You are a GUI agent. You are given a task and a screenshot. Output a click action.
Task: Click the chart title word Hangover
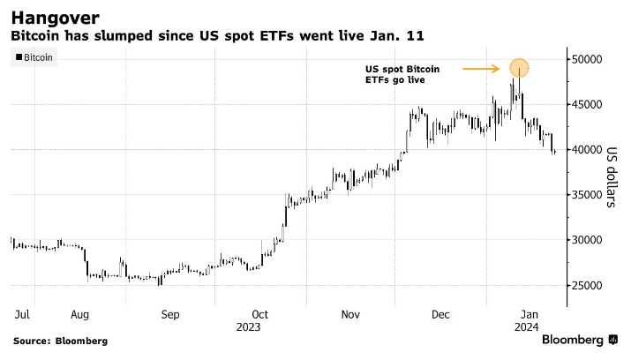pyautogui.click(x=55, y=17)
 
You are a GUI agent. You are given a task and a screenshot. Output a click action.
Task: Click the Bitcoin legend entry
pyautogui.click(x=34, y=58)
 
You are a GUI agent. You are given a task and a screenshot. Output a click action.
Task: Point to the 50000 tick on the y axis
pyautogui.click(x=586, y=59)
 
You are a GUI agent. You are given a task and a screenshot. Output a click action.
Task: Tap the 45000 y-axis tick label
pyautogui.click(x=586, y=104)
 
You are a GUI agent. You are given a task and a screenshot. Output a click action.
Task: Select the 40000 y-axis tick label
pyautogui.click(x=586, y=149)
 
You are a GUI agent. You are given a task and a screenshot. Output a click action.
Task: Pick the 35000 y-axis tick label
pyautogui.click(x=586, y=194)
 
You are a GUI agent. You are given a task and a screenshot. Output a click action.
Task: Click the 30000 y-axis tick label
pyautogui.click(x=586, y=240)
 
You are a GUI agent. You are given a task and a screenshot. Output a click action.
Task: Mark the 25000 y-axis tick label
pyautogui.click(x=586, y=285)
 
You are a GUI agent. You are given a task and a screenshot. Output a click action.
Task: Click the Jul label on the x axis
pyautogui.click(x=22, y=313)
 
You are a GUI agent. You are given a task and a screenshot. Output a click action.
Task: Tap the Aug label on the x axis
pyautogui.click(x=79, y=313)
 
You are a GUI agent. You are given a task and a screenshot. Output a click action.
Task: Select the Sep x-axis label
pyautogui.click(x=170, y=313)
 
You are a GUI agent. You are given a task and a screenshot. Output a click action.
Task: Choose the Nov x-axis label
pyautogui.click(x=351, y=313)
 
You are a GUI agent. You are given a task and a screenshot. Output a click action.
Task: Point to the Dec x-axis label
pyautogui.click(x=441, y=313)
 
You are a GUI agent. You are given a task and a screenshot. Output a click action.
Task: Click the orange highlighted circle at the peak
pyautogui.click(x=519, y=67)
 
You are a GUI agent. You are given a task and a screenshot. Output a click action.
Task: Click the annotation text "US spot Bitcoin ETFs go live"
pyautogui.click(x=402, y=74)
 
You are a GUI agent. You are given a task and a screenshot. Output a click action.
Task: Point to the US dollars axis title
pyautogui.click(x=610, y=176)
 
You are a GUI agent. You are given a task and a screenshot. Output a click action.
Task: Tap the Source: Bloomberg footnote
pyautogui.click(x=60, y=341)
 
